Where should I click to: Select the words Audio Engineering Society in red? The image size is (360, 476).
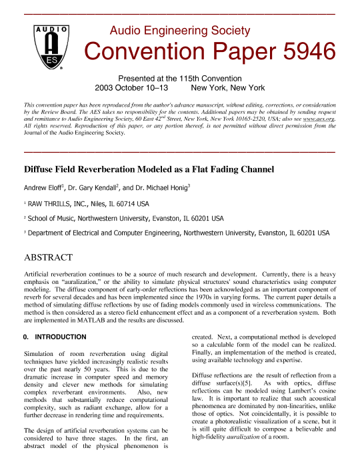pyautogui.click(x=179, y=30)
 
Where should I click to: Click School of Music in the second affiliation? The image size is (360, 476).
pyautogui.click(x=54, y=218)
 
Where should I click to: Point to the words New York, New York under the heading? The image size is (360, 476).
pyautogui.click(x=228, y=87)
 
